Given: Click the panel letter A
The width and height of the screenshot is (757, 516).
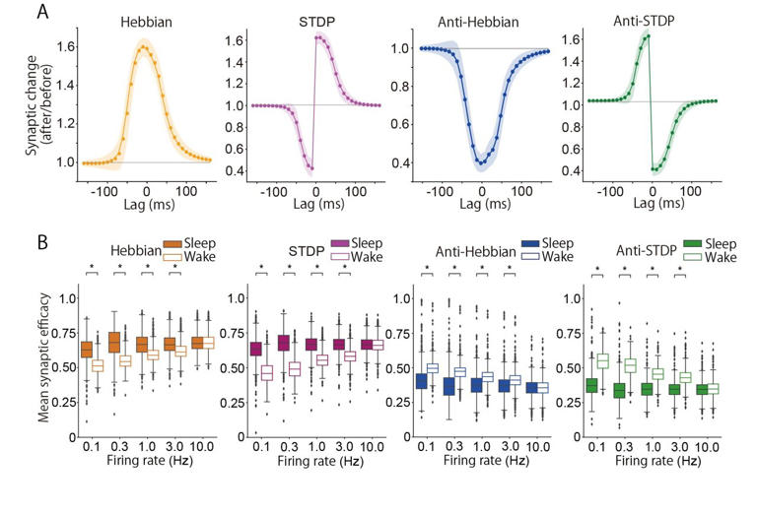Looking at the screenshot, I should pos(42,12).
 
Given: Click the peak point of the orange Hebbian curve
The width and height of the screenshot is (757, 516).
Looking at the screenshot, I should pos(146,45).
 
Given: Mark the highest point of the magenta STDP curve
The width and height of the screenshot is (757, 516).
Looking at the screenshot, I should pos(317,37).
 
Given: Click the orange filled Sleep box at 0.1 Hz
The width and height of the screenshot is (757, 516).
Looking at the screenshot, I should pos(87,349).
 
